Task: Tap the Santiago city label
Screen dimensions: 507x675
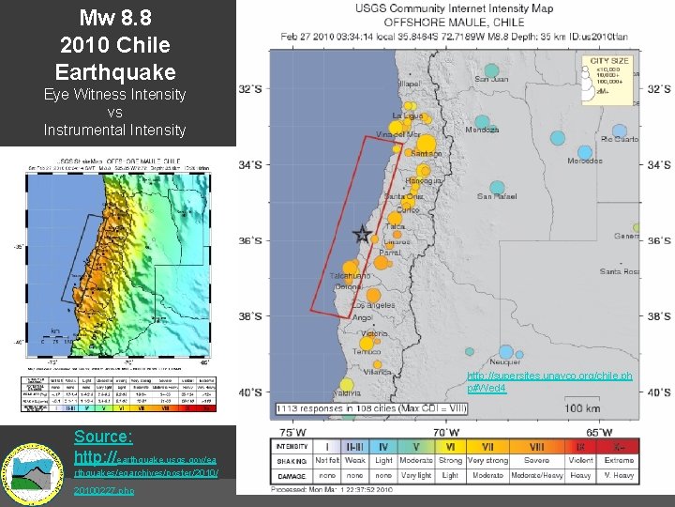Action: click(x=426, y=153)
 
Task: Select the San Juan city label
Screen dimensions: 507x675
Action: click(x=491, y=79)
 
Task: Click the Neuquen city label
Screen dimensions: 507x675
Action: click(x=505, y=361)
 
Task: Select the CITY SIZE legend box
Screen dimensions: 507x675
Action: click(x=609, y=77)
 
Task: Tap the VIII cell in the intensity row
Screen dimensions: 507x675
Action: click(x=536, y=447)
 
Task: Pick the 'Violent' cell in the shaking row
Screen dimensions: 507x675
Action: click(x=580, y=461)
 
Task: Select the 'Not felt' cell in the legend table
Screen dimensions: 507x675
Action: click(x=327, y=461)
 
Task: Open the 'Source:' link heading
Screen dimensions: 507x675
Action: click(x=103, y=437)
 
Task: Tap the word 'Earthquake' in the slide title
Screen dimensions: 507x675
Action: click(x=115, y=70)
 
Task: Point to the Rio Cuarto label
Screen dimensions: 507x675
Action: click(x=619, y=139)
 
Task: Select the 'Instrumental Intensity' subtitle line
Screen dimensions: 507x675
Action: click(x=114, y=130)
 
